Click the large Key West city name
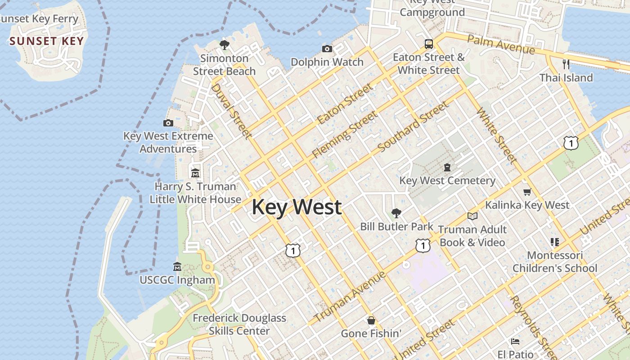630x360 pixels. [x=297, y=207]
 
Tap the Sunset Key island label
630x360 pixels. [x=47, y=41]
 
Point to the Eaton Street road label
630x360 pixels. [x=345, y=104]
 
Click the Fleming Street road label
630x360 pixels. [x=345, y=135]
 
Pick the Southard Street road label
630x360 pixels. [x=413, y=126]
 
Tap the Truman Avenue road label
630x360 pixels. [x=350, y=297]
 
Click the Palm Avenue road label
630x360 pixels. [x=501, y=45]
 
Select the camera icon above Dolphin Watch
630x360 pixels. [x=327, y=49]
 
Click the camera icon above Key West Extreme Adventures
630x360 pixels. [x=168, y=123]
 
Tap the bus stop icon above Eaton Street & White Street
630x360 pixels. [x=429, y=44]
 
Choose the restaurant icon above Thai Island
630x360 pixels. [x=566, y=64]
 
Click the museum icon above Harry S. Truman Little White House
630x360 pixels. [x=195, y=173]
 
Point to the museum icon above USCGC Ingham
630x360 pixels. [x=177, y=267]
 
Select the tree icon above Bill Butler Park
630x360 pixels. [x=396, y=213]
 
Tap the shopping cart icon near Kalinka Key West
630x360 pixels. [x=527, y=192]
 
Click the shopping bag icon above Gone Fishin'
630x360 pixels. [x=371, y=320]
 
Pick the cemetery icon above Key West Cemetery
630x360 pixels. [x=447, y=167]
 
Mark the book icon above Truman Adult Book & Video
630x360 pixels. [x=472, y=216]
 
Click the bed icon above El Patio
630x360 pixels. [x=516, y=341]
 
